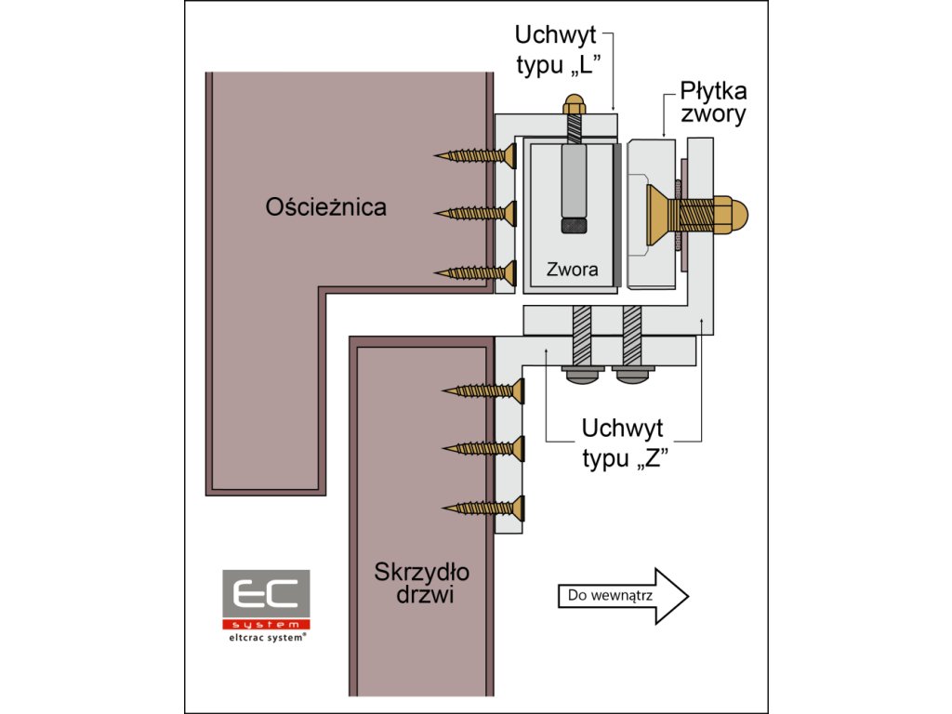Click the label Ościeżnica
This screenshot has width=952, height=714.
pyautogui.click(x=325, y=206)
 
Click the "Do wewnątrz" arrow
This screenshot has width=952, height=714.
pyautogui.click(x=623, y=595)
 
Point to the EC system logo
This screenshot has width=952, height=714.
pyautogui.click(x=265, y=599)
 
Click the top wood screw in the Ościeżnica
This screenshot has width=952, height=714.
pyautogui.click(x=476, y=155)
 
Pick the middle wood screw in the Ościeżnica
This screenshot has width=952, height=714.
pyautogui.click(x=476, y=213)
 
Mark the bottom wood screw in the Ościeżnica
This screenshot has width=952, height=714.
pyautogui.click(x=476, y=272)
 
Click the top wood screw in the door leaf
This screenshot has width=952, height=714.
pyautogui.click(x=484, y=390)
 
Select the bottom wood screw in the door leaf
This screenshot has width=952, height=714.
pyautogui.click(x=484, y=508)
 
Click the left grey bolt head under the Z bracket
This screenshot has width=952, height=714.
pyautogui.click(x=581, y=374)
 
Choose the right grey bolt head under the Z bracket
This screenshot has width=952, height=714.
pyautogui.click(x=632, y=374)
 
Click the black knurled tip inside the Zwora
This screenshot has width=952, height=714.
pyautogui.click(x=574, y=225)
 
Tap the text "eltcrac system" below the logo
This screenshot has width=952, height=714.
pyautogui.click(x=265, y=639)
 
